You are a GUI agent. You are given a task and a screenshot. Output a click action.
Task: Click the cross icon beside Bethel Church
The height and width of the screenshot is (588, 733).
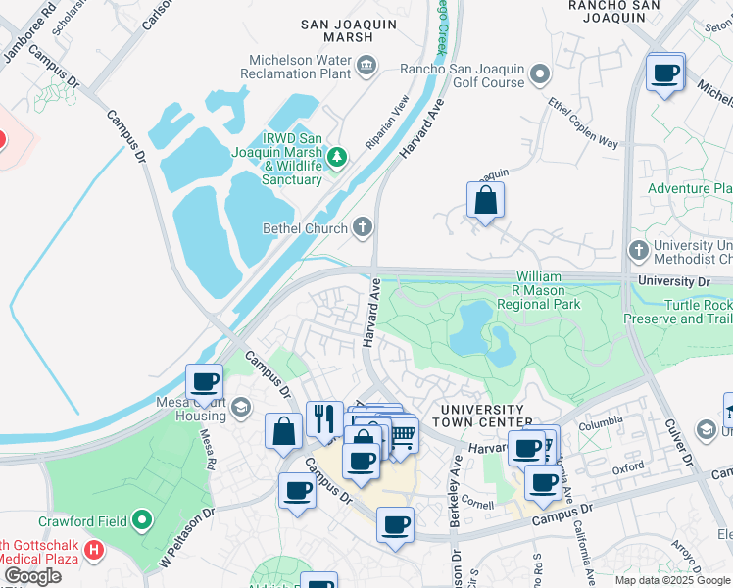[363, 228]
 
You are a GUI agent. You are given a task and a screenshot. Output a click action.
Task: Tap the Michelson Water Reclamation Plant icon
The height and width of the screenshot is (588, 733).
[366, 66]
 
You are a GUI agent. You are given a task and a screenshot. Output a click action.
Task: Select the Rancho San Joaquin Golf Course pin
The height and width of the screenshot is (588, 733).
[539, 74]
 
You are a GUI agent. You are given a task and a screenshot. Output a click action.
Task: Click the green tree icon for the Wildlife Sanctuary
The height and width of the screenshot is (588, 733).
[337, 157]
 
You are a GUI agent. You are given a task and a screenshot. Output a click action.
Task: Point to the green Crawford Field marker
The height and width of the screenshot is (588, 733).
[143, 520]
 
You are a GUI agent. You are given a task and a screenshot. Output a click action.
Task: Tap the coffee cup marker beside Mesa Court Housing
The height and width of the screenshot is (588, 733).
[205, 382]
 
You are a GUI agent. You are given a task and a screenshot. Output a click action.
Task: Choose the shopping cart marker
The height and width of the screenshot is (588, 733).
[403, 433]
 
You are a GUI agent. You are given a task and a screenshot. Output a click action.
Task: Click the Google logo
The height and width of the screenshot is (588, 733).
[32, 576]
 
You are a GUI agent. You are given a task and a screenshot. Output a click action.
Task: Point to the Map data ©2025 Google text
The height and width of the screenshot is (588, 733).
[672, 579]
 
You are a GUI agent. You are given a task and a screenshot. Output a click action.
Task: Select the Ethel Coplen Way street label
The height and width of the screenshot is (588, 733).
[583, 122]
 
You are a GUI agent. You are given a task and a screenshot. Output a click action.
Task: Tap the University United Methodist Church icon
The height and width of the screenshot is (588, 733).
[639, 250]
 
